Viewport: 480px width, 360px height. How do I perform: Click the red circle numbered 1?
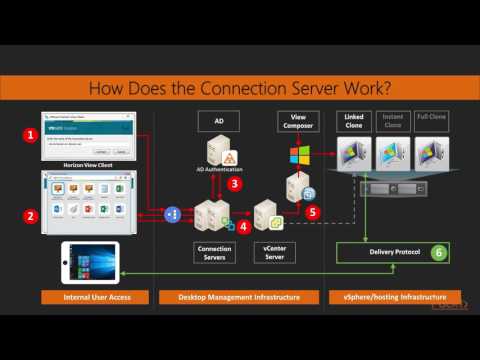tap(31, 133)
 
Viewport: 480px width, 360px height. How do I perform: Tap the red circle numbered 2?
tap(31, 215)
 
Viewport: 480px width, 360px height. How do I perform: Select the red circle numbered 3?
tap(235, 183)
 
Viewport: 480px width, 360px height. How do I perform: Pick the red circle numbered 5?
tap(312, 211)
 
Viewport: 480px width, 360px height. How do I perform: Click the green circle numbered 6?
tap(437, 253)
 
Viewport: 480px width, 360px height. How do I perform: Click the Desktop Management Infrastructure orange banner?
tap(240, 297)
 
